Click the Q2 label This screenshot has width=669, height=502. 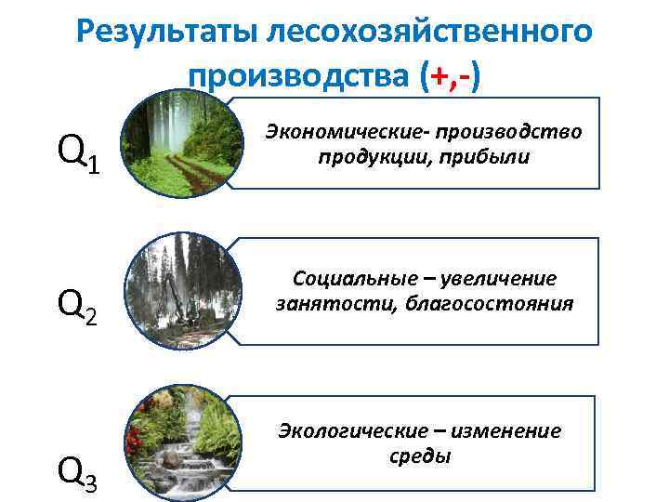(x=78, y=305)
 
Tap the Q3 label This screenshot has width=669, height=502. (x=78, y=472)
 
